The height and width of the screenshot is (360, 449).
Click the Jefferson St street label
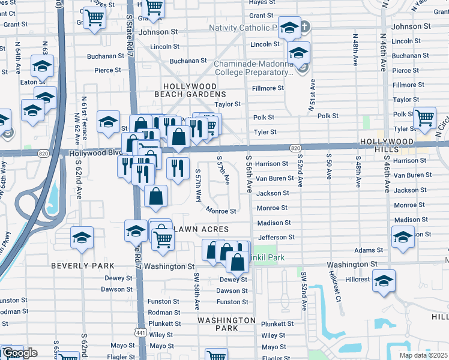[x=276, y=238]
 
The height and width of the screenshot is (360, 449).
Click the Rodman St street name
[x=164, y=313]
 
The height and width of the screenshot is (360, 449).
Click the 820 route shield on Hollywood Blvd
[x=294, y=148]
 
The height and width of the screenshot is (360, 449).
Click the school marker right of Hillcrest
[x=383, y=280]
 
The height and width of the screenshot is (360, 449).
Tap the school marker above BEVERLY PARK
[x=82, y=238]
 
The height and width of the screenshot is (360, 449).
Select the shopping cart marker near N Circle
[x=424, y=118]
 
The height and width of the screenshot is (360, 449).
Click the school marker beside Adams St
[x=403, y=236]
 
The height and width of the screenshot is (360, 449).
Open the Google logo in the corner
[x=19, y=353]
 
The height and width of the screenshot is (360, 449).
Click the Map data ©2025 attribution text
[x=423, y=355]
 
